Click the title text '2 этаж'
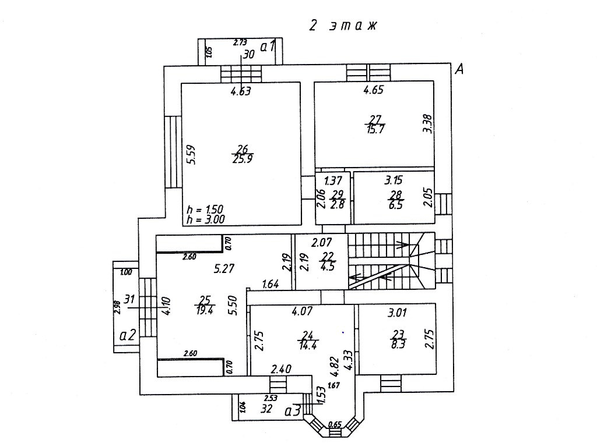coord(344,26)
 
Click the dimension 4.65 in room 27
coord(373,90)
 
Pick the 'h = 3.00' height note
coord(205,219)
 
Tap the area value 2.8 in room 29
coord(336,205)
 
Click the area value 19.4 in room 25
coord(205,310)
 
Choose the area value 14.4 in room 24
coord(308,344)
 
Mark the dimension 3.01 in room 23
coord(398,313)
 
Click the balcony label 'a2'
coord(128,335)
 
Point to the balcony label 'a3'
coord(293,411)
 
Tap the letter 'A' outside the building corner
coord(460,70)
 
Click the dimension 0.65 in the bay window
coord(335,424)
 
